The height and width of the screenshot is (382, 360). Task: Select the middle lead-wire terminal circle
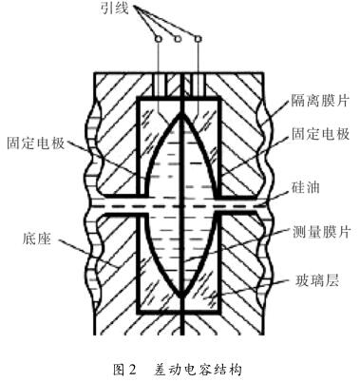[178, 39]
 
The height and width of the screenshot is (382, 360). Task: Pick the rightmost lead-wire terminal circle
[197, 39]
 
